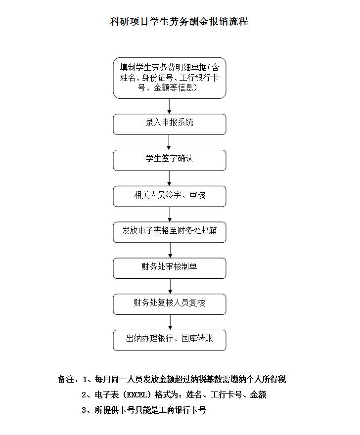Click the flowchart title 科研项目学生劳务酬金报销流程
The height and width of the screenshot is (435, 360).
(179, 21)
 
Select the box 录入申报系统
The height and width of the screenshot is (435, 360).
(169, 124)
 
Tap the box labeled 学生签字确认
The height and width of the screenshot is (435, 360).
(169, 160)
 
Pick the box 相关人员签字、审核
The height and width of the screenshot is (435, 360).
(169, 196)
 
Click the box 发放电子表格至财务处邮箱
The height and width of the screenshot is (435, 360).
(169, 232)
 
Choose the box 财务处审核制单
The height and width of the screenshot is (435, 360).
(169, 268)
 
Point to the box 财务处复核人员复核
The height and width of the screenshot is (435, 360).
(169, 304)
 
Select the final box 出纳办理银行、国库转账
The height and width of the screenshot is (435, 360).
(169, 340)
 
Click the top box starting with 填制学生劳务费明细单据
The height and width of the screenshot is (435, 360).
(169, 78)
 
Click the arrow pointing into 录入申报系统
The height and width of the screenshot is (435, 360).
(169, 106)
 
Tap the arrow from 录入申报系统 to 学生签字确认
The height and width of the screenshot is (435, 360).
(169, 142)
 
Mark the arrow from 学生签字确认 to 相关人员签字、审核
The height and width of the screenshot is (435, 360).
(169, 178)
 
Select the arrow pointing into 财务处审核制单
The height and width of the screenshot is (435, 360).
(170, 250)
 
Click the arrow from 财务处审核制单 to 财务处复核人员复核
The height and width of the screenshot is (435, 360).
(170, 286)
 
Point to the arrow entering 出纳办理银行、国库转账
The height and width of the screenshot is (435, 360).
(170, 322)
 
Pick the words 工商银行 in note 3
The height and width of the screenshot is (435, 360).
(167, 410)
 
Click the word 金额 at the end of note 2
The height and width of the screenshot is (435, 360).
(258, 394)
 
